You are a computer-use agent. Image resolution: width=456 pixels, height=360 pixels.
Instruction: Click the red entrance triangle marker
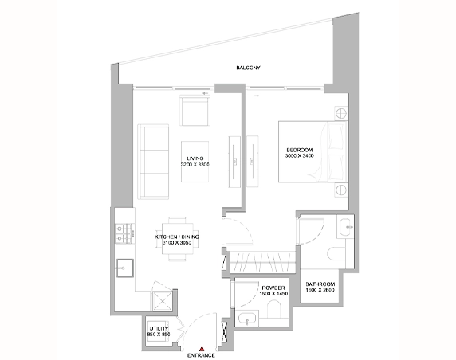click(x=202, y=349)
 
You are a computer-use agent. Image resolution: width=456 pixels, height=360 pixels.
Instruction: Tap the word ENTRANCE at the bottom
click(x=201, y=355)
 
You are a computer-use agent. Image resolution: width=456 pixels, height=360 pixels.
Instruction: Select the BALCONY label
click(x=248, y=68)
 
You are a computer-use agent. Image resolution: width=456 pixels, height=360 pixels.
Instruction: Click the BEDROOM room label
click(x=300, y=150)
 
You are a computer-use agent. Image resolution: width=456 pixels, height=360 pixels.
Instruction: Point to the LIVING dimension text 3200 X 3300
click(x=195, y=164)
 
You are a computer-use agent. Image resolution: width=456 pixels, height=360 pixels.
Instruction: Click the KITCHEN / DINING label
click(x=177, y=237)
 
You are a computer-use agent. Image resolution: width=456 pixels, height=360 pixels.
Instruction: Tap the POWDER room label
click(x=273, y=288)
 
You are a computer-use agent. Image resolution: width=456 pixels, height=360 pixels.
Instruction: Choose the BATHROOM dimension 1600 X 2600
click(x=320, y=290)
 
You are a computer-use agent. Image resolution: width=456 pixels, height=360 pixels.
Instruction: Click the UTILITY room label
click(x=159, y=329)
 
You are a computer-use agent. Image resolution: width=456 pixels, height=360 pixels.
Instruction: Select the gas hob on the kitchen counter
click(x=124, y=233)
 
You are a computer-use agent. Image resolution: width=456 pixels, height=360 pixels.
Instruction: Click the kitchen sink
click(x=125, y=268)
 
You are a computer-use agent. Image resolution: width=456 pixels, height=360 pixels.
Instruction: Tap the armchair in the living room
click(x=195, y=111)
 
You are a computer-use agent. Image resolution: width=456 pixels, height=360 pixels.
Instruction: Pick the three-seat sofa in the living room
click(x=153, y=162)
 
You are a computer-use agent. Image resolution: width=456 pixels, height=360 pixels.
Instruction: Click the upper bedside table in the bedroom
click(x=341, y=113)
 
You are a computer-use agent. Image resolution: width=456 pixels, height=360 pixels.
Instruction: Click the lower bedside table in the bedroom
click(x=341, y=190)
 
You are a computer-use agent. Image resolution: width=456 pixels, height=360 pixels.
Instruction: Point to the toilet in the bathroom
click(x=336, y=253)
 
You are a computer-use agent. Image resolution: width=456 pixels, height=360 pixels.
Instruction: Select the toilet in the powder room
click(x=274, y=309)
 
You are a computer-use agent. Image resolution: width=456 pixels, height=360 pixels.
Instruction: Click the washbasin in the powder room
click(x=247, y=318)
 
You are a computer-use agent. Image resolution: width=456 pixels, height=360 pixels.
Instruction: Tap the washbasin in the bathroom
click(x=345, y=226)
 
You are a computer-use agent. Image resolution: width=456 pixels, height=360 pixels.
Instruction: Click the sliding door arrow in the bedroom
click(x=256, y=96)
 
